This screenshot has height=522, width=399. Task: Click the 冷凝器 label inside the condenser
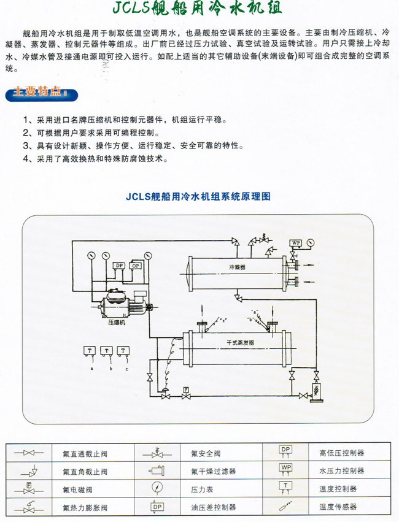(x=237, y=268)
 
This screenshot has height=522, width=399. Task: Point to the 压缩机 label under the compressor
(x=117, y=322)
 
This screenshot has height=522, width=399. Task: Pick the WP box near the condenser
(x=296, y=243)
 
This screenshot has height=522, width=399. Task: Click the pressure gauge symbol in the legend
(x=156, y=489)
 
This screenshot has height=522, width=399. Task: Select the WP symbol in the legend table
(x=285, y=469)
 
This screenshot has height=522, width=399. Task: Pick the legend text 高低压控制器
(x=341, y=453)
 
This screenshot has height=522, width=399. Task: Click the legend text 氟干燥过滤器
(x=209, y=472)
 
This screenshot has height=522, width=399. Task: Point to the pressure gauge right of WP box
(x=312, y=241)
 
